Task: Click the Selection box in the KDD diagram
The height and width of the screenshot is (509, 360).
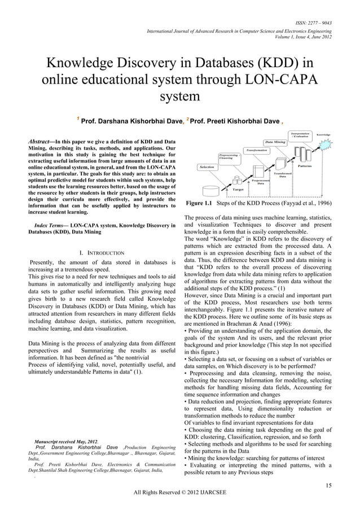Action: point(207,167)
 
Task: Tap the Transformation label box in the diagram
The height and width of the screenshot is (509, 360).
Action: point(257,151)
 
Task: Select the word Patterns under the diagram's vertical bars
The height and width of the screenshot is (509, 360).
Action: point(305,166)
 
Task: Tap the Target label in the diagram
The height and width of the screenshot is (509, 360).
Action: point(238,190)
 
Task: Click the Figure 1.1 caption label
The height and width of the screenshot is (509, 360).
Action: point(200,203)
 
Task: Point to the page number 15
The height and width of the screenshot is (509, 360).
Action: point(328,484)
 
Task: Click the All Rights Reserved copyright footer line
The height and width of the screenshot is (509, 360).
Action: point(179,492)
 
